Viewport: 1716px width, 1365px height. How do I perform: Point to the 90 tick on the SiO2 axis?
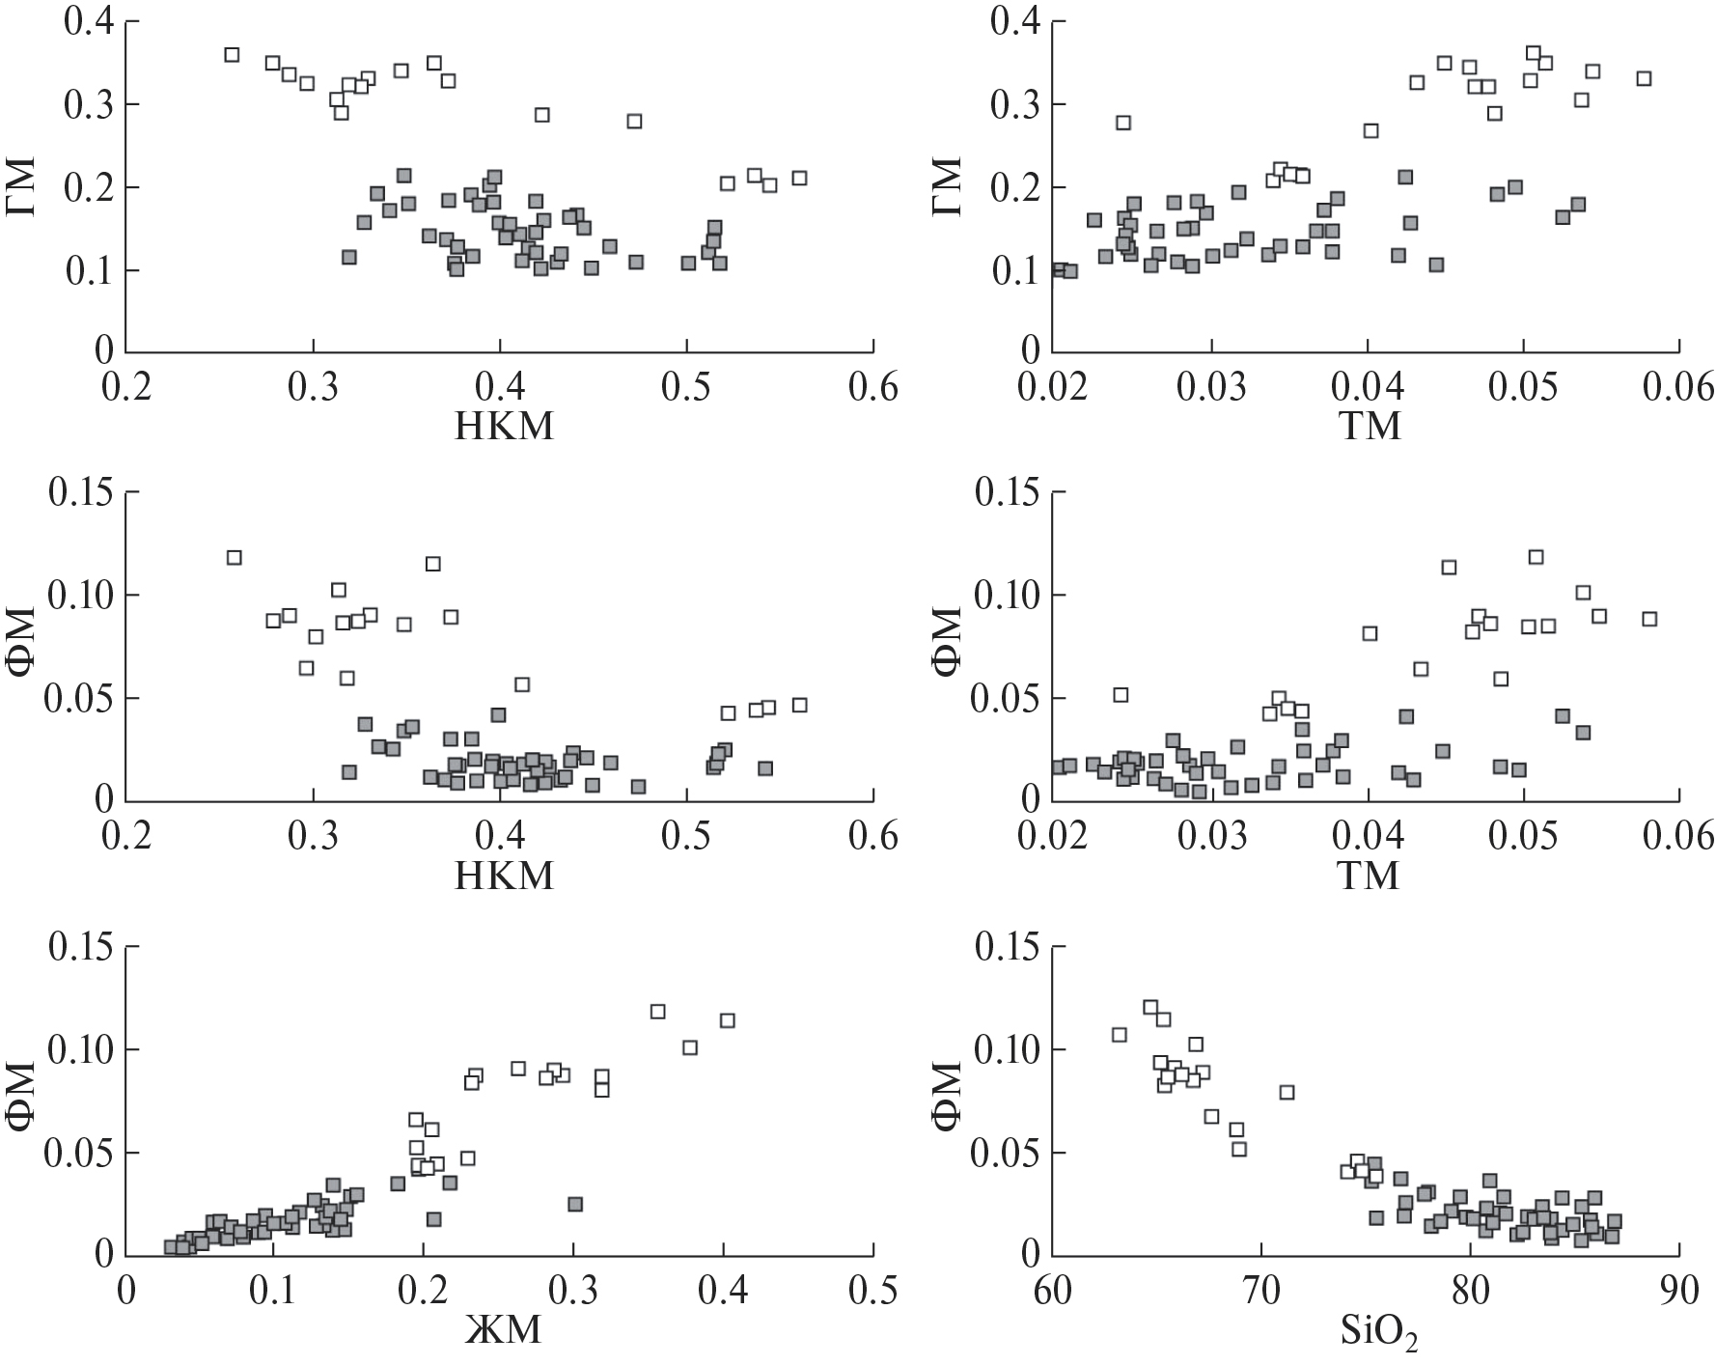tap(1679, 1292)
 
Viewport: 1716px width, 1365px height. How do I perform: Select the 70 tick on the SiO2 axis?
tap(1260, 1292)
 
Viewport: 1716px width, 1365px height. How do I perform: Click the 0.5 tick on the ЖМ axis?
tap(873, 1292)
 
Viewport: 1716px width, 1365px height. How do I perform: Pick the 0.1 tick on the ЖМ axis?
tap(274, 1292)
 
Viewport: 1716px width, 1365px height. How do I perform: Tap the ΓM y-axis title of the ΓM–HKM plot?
tap(23, 187)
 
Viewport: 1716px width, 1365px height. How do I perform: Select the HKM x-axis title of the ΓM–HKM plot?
tap(504, 426)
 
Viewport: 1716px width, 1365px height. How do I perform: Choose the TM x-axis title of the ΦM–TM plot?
tap(1370, 876)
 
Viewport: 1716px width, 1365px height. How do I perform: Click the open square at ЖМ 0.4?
tap(728, 1020)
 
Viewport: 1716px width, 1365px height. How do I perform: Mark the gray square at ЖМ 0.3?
tap(575, 1204)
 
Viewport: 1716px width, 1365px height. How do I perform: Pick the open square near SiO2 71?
tap(1287, 1092)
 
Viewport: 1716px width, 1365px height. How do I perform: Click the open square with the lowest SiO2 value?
tap(1120, 1035)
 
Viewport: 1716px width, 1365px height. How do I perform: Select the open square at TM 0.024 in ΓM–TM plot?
tap(1123, 123)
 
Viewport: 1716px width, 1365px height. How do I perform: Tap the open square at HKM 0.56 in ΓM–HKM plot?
tap(799, 178)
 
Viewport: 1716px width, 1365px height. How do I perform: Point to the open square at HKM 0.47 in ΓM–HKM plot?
tap(634, 121)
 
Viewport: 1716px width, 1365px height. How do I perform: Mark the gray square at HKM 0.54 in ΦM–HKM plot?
tap(765, 768)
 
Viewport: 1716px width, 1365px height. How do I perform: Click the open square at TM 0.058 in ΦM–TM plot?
tap(1649, 619)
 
